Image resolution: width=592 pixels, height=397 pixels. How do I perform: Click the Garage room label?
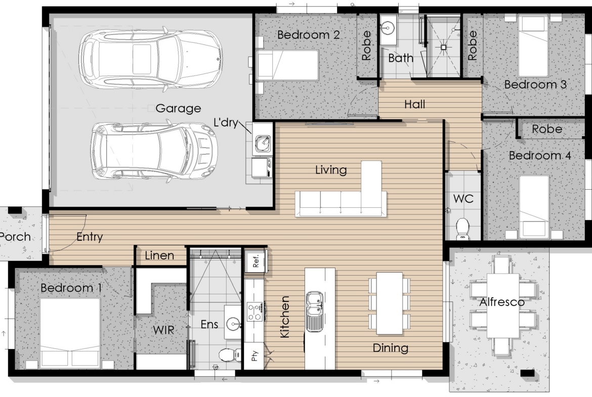point(178,109)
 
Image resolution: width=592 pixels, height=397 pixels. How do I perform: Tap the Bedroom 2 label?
point(309,35)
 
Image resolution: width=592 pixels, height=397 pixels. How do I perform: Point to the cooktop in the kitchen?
point(255,312)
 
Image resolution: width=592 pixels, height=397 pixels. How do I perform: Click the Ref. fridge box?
point(256,260)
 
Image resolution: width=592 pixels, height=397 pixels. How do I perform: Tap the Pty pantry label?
point(254,356)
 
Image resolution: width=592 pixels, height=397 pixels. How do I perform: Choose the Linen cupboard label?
point(159,255)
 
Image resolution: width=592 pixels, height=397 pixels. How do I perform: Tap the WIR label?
point(163,330)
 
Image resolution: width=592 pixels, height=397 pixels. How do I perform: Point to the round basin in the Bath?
point(387,27)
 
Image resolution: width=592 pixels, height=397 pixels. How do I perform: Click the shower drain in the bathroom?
point(444,47)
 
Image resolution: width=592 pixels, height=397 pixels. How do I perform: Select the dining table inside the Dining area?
point(390,303)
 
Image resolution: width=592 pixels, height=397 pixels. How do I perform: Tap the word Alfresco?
point(502,302)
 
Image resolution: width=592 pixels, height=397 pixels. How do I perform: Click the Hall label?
point(414,104)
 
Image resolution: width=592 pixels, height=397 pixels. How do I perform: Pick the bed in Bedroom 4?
point(533,206)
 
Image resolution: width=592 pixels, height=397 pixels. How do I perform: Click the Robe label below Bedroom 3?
point(547,129)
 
